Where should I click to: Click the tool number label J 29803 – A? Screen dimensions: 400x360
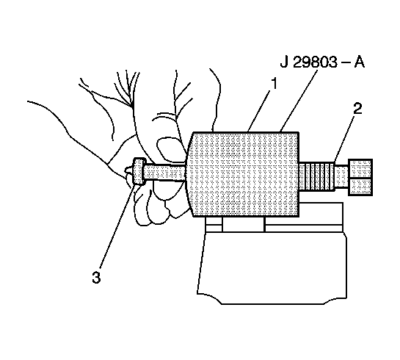point(322,62)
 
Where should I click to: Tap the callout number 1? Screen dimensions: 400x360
point(274,84)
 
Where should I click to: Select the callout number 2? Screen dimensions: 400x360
point(357,108)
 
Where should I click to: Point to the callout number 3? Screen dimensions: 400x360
point(96,277)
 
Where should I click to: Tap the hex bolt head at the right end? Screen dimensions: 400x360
point(360,177)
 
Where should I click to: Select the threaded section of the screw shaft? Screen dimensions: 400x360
point(316,176)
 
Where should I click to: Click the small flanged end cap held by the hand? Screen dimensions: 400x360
point(139,170)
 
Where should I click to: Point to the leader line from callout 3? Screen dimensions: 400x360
point(117,226)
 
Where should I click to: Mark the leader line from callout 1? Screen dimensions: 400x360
point(258,112)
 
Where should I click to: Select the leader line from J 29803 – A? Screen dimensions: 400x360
point(299,101)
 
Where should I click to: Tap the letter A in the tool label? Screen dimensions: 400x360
point(359,62)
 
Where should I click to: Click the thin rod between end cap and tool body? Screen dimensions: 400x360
point(165,173)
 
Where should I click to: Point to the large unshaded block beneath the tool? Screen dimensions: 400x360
point(272,267)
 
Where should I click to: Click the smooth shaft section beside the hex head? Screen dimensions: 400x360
point(341,177)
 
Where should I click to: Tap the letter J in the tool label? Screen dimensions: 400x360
point(284,62)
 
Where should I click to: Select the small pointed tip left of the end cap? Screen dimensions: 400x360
point(129,170)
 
